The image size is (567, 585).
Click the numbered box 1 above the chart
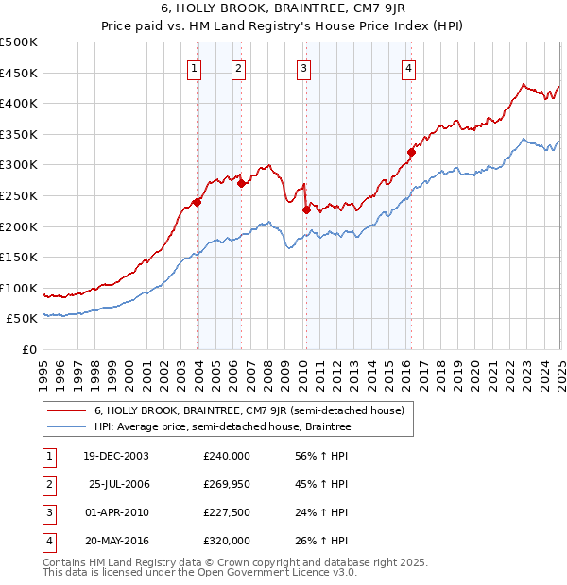tap(194, 67)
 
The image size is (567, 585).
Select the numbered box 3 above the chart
tap(303, 67)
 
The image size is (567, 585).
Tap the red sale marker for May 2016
tap(411, 152)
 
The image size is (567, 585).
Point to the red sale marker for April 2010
tap(306, 209)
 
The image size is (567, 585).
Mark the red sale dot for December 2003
tap(198, 201)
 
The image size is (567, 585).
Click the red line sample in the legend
tap(67, 410)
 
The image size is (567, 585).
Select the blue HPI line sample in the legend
tap(67, 427)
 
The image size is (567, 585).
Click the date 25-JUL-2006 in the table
tap(118, 484)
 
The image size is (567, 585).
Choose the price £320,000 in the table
tap(227, 541)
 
